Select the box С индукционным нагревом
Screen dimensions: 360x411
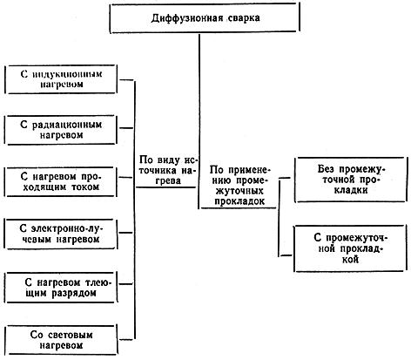point(66,78)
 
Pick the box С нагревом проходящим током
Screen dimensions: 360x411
point(66,181)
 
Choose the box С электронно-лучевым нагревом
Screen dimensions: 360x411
point(66,233)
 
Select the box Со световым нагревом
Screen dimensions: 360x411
point(66,338)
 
